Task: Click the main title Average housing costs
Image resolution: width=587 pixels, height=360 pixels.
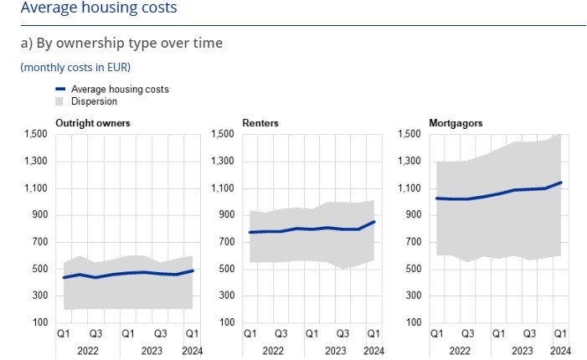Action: tap(99, 8)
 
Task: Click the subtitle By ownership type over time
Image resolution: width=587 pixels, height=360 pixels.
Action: tap(121, 43)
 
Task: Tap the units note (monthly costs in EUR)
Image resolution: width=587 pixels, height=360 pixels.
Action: tap(75, 67)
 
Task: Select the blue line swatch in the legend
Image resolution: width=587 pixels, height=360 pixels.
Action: tap(60, 89)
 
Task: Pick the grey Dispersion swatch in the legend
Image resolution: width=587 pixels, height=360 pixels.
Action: tap(60, 101)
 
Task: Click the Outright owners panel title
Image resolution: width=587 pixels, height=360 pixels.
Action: tap(92, 123)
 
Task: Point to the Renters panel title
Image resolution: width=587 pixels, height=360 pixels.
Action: tap(260, 123)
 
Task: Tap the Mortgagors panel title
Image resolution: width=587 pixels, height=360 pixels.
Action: tap(456, 123)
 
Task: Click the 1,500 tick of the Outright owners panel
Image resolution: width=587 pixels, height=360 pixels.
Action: tap(35, 135)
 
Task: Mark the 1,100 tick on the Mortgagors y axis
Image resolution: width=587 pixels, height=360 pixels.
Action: tap(409, 188)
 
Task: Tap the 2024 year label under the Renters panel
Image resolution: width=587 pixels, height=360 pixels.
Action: tap(373, 351)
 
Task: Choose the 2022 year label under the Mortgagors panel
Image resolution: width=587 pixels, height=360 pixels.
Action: tap(460, 351)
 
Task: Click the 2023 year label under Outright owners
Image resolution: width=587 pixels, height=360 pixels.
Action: tap(151, 351)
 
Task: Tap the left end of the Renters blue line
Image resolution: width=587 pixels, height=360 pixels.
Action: tap(250, 232)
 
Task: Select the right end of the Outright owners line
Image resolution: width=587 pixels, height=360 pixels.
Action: tap(193, 270)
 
